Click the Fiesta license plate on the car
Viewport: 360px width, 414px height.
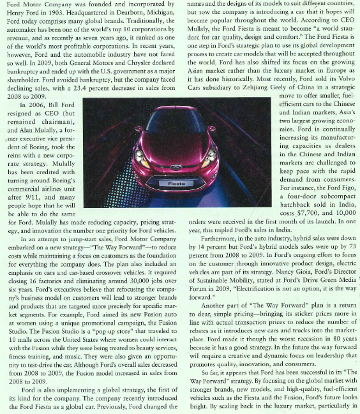(177, 183)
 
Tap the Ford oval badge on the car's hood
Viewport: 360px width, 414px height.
(176, 168)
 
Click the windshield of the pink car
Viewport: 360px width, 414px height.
(176, 121)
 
